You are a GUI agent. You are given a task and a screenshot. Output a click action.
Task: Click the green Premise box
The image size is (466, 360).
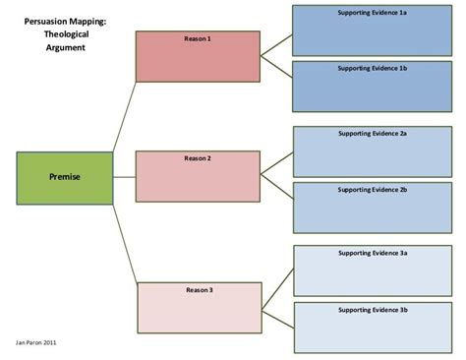[65, 178]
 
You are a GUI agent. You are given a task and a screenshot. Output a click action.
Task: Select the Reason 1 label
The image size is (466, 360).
[198, 38]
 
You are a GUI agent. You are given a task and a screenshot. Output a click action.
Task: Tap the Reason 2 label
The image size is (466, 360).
[198, 158]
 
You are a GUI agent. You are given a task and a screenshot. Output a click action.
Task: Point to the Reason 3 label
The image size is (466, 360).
[200, 290]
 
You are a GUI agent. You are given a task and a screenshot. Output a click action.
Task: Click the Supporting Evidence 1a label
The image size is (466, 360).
[373, 13]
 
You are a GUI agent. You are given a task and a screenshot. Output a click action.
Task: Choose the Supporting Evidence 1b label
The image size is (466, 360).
[373, 68]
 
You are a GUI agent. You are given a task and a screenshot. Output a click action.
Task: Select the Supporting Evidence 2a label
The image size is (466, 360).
[373, 134]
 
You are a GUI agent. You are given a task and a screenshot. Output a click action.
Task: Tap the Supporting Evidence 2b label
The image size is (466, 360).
[373, 190]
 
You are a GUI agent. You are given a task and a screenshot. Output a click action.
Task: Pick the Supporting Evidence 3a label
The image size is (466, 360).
[373, 253]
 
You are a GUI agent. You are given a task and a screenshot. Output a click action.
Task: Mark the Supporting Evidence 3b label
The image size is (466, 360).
[374, 310]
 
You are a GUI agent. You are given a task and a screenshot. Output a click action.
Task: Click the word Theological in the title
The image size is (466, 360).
[66, 34]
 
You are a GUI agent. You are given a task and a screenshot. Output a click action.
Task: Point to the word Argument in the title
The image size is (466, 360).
[66, 48]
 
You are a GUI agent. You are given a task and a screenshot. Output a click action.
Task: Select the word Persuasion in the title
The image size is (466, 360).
[45, 22]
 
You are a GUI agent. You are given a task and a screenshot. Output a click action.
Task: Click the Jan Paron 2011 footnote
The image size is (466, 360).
[35, 342]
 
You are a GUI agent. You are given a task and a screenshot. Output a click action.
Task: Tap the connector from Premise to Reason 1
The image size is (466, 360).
[125, 117]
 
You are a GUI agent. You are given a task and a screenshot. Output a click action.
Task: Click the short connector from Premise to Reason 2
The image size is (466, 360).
[125, 177]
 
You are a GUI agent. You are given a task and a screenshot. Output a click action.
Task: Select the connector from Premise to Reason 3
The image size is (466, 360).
[125, 244]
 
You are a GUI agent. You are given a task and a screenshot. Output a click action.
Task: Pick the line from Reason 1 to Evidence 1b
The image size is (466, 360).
[276, 67]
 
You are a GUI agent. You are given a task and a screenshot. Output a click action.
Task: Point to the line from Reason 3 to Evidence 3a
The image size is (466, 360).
[278, 289]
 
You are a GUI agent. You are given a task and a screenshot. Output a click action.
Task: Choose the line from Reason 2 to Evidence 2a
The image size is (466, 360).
[277, 163]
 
